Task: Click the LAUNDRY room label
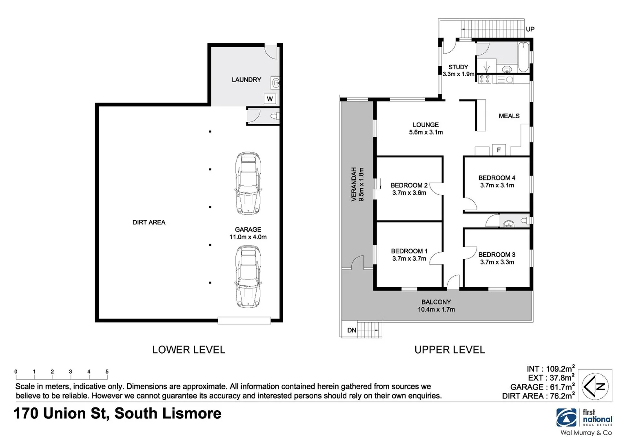point(246,80)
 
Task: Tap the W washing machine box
point(270,99)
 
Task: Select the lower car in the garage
point(248,276)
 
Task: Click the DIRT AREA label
point(149,222)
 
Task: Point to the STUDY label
point(458,67)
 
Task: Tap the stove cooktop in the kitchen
point(485,79)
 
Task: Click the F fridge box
point(499,150)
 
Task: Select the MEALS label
point(509,116)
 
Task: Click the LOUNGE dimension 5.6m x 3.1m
point(426,132)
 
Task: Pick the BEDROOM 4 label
point(497,178)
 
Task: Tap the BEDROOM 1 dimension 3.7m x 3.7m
point(409,259)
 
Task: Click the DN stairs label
point(352,330)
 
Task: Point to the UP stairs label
point(530,29)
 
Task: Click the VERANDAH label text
point(354,184)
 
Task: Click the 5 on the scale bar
point(107,372)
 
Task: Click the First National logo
point(584,419)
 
